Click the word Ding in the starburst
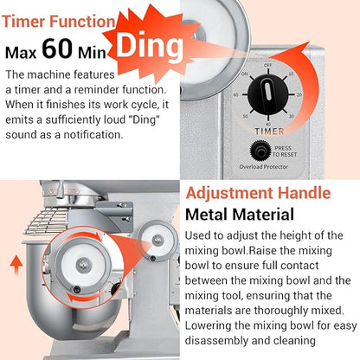pos(150,45)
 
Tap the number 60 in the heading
pos(57,48)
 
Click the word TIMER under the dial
pos(269,132)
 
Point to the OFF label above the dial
pos(268,65)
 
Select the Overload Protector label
pos(264,167)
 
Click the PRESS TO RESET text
pos(284,151)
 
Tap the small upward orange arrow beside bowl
pos(16,265)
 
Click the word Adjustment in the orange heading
pos(230,194)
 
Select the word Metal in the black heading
pos(207,215)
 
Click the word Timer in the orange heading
pos(24,22)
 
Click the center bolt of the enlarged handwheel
pos(84,264)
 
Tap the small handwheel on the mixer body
pos(157,241)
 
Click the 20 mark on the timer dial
pos(299,94)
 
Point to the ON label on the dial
pos(244,74)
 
